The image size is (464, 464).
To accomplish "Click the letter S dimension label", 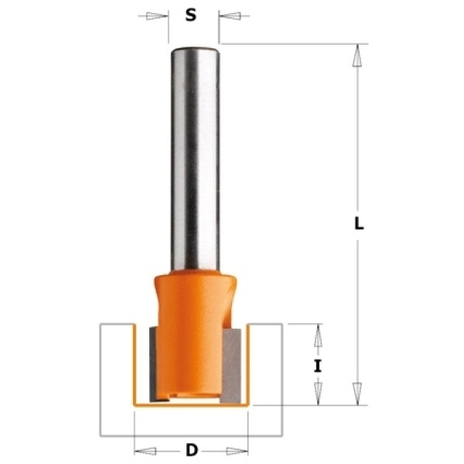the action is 191,15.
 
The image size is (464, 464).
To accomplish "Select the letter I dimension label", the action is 318,367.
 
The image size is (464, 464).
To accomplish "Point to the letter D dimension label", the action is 192,451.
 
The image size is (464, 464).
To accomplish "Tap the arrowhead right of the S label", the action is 230,15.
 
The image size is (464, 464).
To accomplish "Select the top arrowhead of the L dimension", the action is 357,56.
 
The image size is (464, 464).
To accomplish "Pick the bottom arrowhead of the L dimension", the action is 357,394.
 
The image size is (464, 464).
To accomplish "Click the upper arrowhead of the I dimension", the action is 318,336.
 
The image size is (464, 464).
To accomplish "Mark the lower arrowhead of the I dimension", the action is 318,394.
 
